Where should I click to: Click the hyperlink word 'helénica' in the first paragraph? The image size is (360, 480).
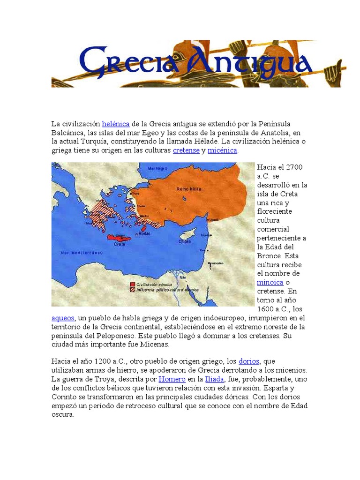[115, 124]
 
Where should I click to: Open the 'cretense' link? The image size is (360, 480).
[186, 150]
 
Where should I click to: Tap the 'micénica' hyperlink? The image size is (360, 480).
[223, 150]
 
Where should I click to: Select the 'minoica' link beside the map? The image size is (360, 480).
[270, 282]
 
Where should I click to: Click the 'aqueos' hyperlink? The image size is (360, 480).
[63, 318]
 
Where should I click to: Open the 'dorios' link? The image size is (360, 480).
[249, 361]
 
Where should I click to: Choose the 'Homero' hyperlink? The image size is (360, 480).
[172, 379]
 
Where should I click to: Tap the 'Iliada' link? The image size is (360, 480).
[214, 379]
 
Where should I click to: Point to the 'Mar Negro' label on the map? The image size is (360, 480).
[157, 168]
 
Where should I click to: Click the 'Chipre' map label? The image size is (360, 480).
[184, 242]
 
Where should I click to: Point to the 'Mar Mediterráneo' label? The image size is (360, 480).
[82, 253]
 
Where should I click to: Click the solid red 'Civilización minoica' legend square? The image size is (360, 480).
[133, 285]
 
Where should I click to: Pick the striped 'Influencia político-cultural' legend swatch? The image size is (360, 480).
[133, 290]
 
